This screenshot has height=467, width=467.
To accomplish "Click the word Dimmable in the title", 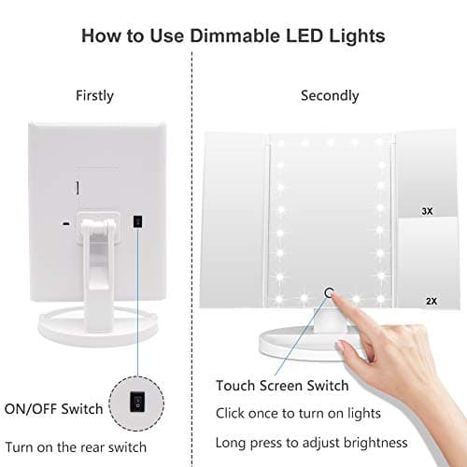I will [242, 37].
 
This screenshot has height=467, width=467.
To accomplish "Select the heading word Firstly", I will [94, 95].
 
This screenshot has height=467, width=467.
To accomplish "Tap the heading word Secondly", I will [330, 95].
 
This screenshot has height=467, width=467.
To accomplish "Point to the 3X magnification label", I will [427, 211].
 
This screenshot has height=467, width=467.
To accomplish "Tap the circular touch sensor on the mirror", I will [328, 293].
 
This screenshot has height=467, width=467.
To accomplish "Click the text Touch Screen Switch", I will [282, 386].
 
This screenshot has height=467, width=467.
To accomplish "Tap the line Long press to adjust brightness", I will [312, 442].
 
